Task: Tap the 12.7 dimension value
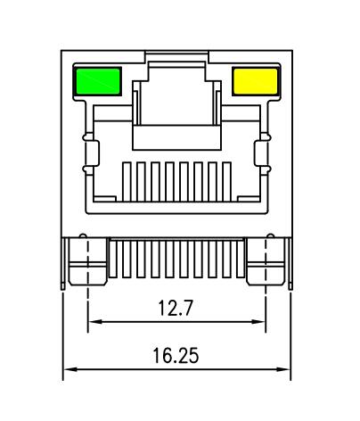coord(176,309)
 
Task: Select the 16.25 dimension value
coord(176,356)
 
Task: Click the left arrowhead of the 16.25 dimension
coord(69,369)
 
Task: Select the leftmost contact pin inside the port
coord(127,181)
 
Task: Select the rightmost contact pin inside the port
coord(225,181)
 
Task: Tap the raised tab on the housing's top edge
coord(176,58)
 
